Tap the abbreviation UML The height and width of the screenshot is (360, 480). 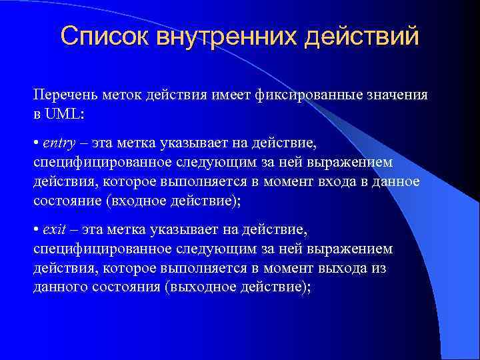[x=64, y=113]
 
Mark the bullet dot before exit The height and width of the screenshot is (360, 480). [x=36, y=231]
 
